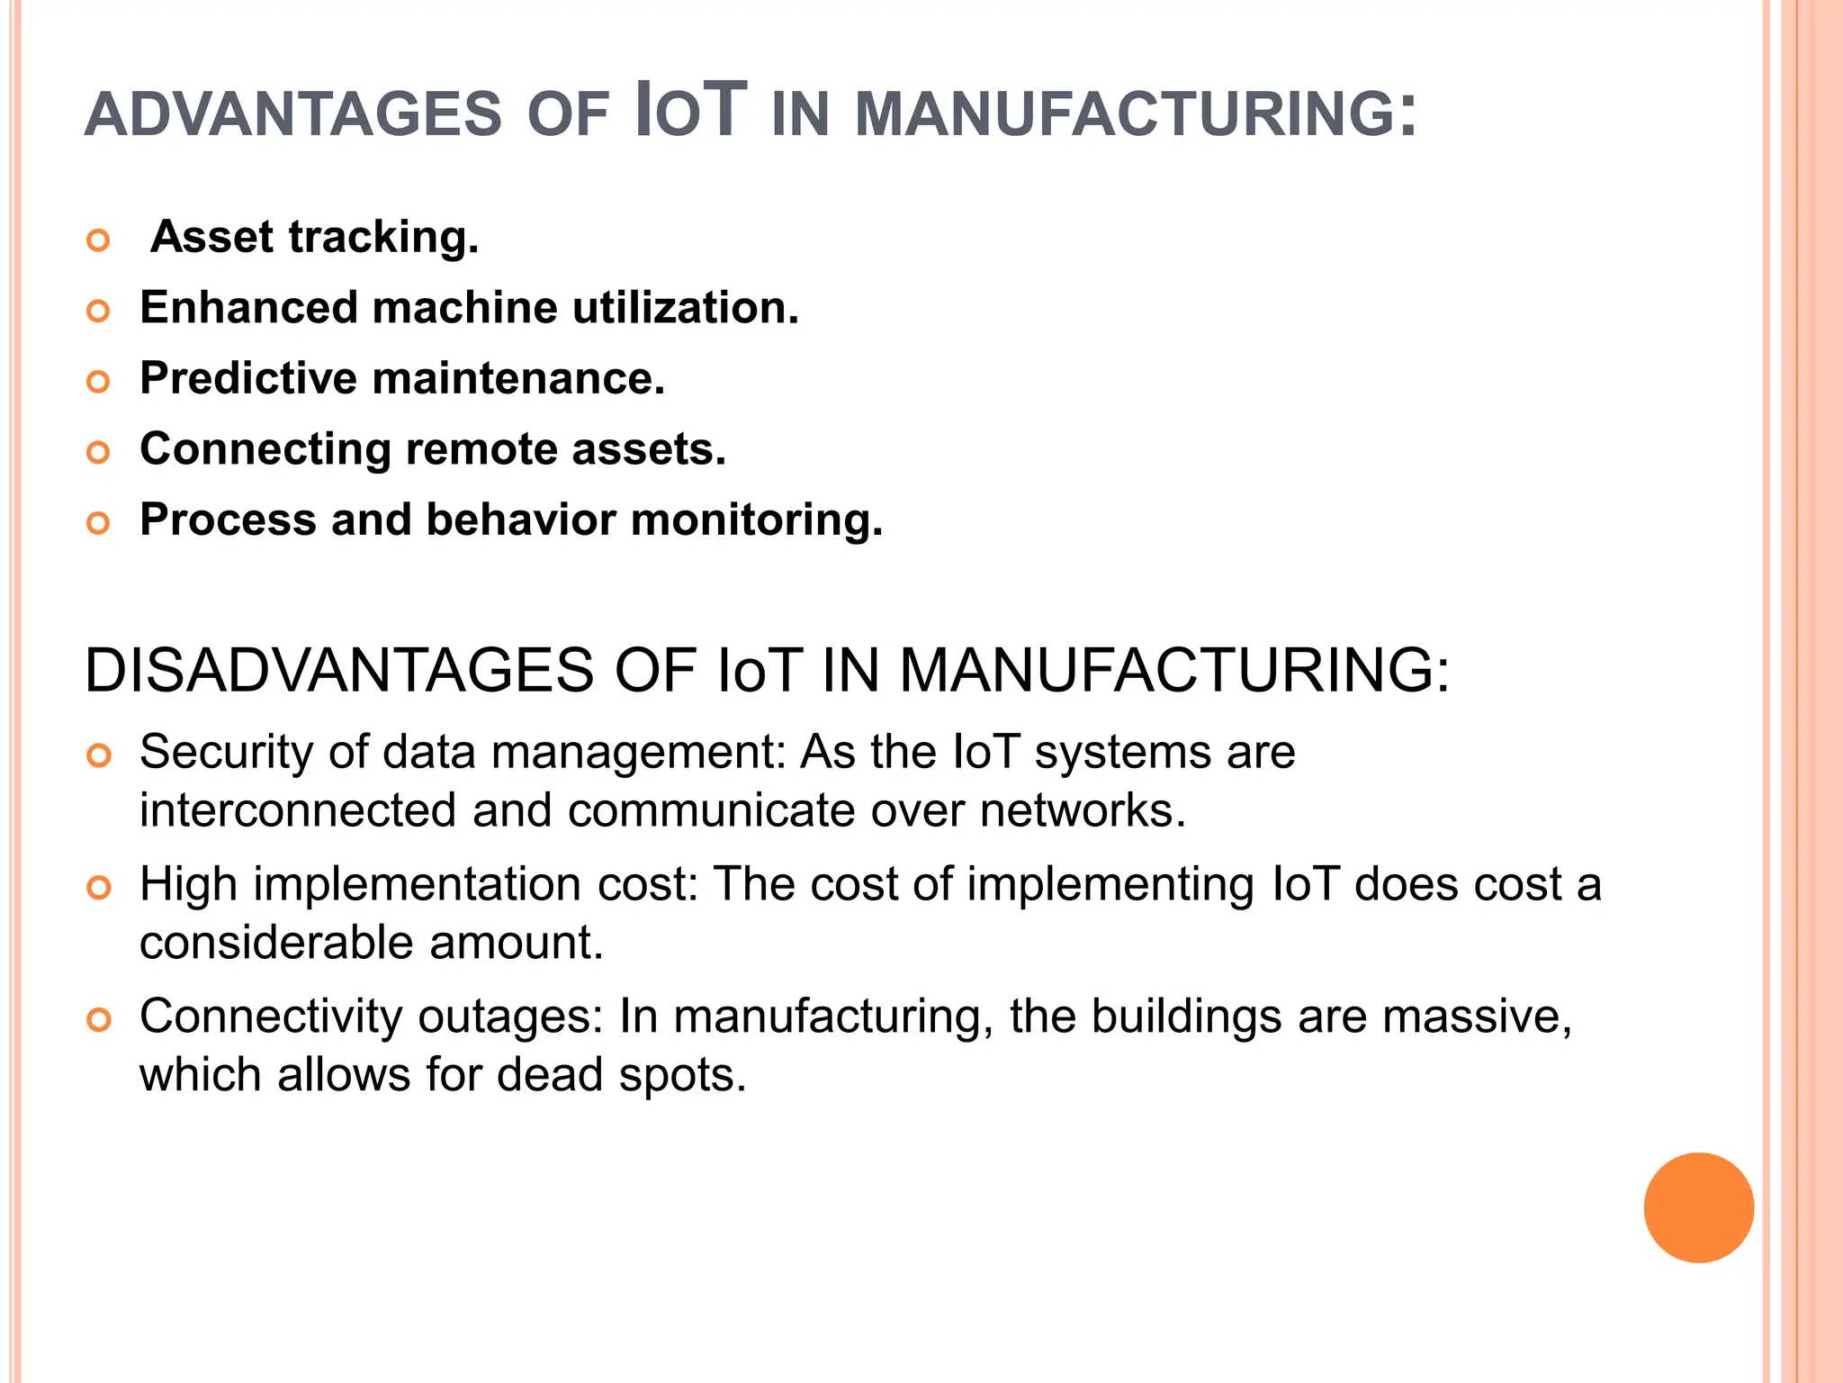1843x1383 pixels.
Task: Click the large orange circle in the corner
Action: pyautogui.click(x=1698, y=1207)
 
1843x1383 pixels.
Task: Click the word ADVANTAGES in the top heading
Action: pyautogui.click(x=292, y=114)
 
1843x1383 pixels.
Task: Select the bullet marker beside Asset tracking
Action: pyautogui.click(x=98, y=240)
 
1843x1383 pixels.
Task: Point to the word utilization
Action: pyautogui.click(x=685, y=308)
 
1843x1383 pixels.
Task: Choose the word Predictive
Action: pyautogui.click(x=248, y=378)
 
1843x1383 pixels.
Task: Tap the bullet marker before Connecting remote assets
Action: pyautogui.click(x=98, y=452)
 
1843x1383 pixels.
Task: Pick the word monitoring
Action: pyautogui.click(x=757, y=521)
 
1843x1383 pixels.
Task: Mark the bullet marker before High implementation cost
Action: pyautogui.click(x=98, y=888)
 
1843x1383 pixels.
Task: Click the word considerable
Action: pyautogui.click(x=276, y=943)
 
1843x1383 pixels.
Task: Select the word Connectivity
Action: pyautogui.click(x=271, y=1017)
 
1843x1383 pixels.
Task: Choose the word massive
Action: pyautogui.click(x=1477, y=1017)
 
